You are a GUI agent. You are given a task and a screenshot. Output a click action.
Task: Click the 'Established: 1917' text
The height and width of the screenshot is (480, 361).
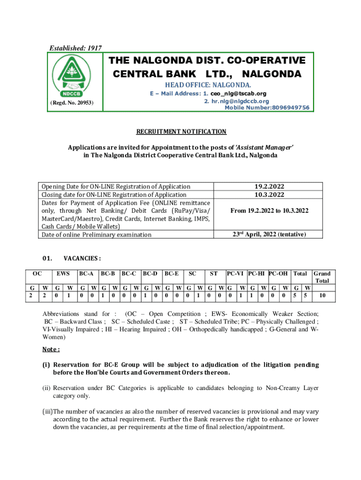tap(72, 48)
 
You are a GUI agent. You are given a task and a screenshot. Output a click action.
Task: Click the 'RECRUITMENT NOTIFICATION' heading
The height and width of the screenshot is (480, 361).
tap(181, 132)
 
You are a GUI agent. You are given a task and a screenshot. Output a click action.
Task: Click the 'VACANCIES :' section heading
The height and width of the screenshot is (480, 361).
tap(82, 258)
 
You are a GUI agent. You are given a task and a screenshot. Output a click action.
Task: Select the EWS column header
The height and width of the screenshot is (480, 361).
tap(63, 273)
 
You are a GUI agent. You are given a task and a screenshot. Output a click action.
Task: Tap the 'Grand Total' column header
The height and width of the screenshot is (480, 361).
tap(322, 277)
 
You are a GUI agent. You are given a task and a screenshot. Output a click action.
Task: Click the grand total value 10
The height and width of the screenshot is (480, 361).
tap(322, 296)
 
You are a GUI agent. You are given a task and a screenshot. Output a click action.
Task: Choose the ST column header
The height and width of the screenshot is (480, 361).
tap(213, 273)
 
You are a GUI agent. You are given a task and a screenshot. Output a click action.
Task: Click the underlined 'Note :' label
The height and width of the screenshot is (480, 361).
tap(51, 350)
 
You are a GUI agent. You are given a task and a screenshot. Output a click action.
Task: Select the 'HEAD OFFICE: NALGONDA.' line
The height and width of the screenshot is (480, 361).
tap(207, 85)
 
